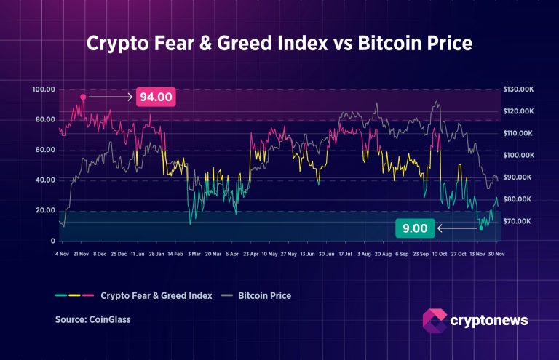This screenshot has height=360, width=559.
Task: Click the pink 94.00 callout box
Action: click(156, 97)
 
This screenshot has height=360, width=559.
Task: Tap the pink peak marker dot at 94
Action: click(83, 97)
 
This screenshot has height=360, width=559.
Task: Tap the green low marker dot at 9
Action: click(481, 228)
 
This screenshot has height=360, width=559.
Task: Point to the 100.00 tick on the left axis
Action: click(44, 89)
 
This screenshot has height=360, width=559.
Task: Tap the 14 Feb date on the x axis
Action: click(175, 255)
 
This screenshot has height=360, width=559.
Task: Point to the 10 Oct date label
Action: click(439, 255)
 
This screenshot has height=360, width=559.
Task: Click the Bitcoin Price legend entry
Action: click(264, 296)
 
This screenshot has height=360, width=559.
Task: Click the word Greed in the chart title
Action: click(254, 44)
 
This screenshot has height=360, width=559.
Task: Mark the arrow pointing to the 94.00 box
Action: click(109, 97)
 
